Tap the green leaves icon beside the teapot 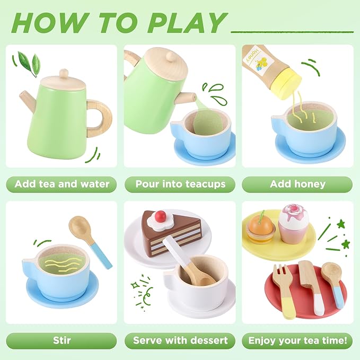28,62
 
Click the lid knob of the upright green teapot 64,73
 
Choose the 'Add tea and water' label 62,185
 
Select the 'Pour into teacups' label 180,185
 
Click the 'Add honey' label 297,185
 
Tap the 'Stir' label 62,340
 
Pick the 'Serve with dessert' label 180,340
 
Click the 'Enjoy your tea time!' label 297,340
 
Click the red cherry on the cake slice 160,216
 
